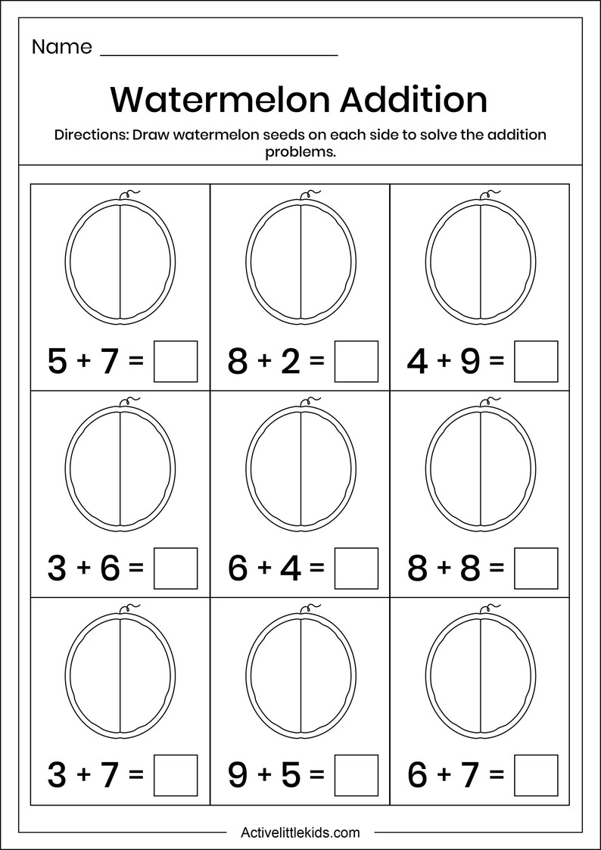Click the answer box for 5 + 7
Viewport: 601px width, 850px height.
click(176, 362)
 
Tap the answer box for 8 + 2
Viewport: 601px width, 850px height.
click(356, 362)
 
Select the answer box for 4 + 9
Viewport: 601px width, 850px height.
click(536, 362)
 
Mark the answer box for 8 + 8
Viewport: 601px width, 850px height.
click(536, 568)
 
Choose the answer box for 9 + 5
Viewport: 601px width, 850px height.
click(356, 775)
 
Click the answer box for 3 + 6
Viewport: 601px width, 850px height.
click(176, 568)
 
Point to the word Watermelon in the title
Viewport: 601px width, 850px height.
click(219, 100)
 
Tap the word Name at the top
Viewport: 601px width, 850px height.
click(61, 47)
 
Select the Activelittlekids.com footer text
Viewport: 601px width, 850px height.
click(300, 833)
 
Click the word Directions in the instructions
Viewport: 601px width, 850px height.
click(90, 135)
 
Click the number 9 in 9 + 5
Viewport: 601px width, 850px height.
click(238, 775)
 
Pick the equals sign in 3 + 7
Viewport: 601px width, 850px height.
click(136, 775)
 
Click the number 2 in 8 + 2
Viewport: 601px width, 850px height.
click(288, 362)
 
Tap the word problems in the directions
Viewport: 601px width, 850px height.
click(300, 151)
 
